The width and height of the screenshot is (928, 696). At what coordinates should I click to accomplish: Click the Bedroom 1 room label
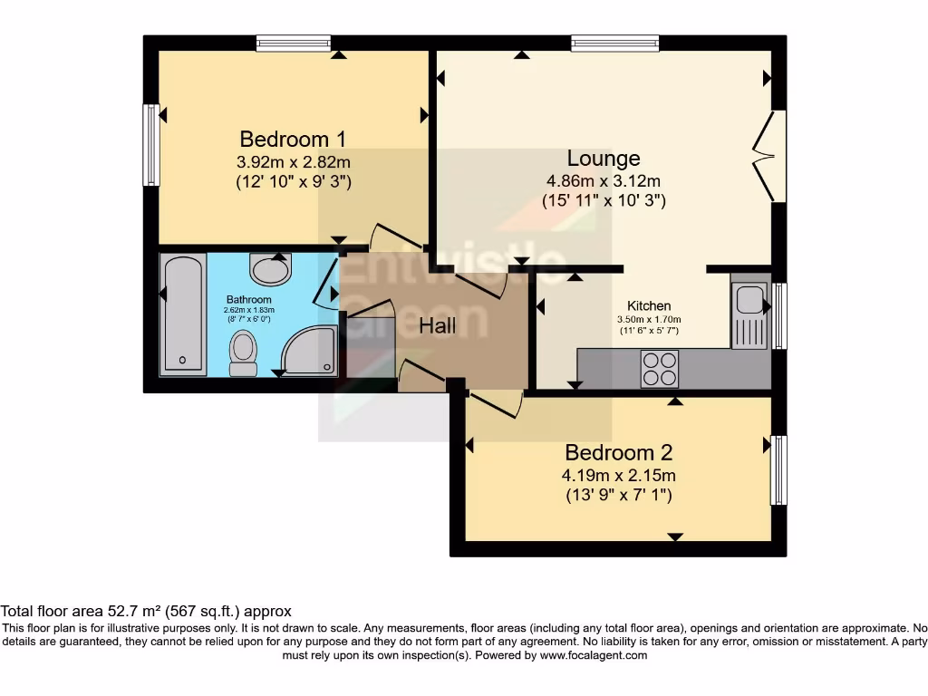[x=293, y=140]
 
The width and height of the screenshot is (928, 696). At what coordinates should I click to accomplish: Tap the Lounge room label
[x=604, y=159]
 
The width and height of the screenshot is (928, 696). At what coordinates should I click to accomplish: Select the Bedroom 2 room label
[x=619, y=452]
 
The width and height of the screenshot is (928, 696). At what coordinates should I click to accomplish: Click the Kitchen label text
[x=649, y=306]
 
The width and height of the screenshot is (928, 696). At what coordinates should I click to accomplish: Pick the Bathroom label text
[x=248, y=300]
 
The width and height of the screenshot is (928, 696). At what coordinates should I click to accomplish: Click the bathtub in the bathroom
[x=182, y=314]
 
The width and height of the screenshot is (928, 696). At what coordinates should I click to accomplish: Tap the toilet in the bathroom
[x=243, y=353]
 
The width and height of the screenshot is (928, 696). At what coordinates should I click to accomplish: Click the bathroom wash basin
[x=269, y=269]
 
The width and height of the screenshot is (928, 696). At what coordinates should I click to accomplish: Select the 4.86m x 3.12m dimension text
[x=604, y=181]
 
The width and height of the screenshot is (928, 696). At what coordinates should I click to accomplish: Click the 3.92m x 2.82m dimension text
[x=293, y=162]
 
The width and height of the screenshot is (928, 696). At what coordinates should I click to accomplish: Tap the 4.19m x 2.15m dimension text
[x=619, y=475]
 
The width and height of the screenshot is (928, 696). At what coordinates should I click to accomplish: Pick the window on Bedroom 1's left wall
[x=151, y=145]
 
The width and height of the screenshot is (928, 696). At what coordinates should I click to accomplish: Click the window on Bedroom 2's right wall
[x=778, y=470]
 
